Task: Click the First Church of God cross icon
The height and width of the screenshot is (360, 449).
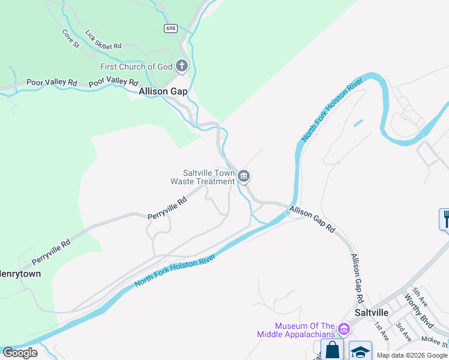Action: click(x=182, y=66)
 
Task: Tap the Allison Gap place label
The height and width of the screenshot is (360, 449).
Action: click(x=163, y=92)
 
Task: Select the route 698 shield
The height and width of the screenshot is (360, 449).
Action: click(x=171, y=28)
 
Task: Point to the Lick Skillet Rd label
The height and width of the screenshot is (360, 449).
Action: click(x=103, y=40)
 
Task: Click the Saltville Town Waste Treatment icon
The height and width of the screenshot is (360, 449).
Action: click(x=244, y=176)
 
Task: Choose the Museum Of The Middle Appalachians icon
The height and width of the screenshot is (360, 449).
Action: click(x=343, y=329)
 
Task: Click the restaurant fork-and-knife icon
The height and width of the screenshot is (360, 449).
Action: click(x=445, y=218)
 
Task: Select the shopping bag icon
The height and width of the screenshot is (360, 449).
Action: click(x=332, y=350)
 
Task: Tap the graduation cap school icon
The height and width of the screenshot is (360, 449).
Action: click(x=360, y=352)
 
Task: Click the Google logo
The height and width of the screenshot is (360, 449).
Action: click(x=20, y=353)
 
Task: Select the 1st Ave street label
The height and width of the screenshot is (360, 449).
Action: click(x=381, y=331)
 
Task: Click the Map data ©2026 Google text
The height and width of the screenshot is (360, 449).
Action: click(x=412, y=355)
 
